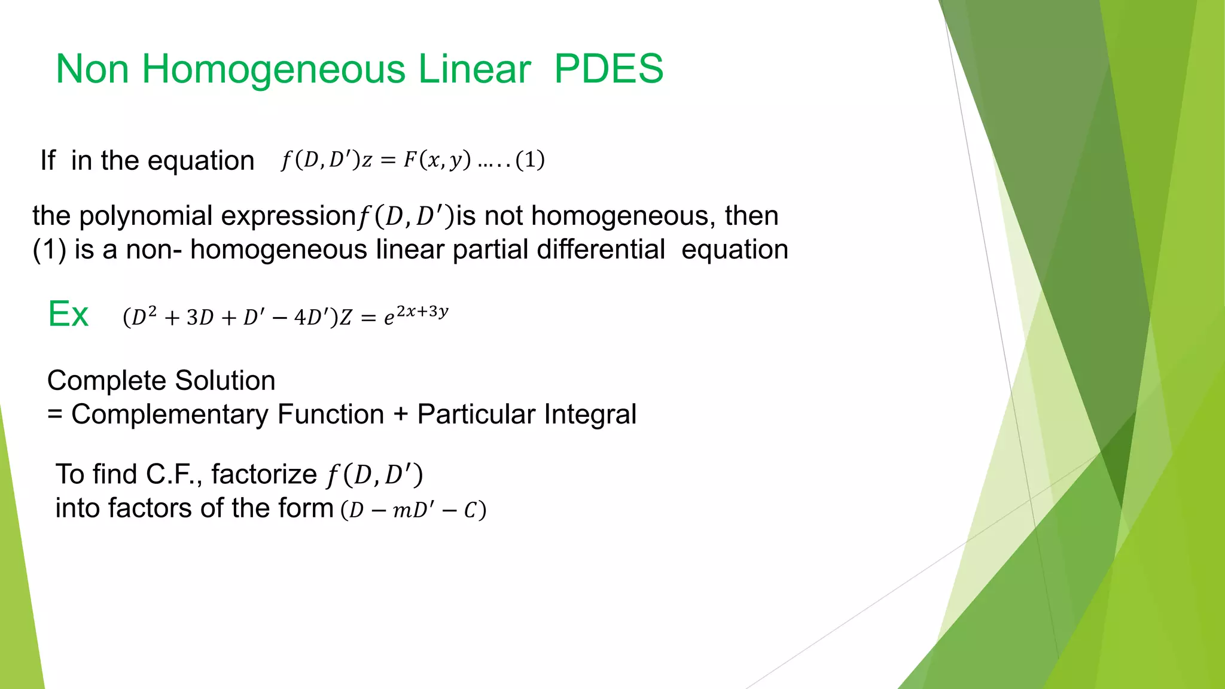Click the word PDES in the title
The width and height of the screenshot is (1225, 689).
[608, 69]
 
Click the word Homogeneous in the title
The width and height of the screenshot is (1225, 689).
[274, 69]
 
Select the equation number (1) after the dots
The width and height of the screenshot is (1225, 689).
[530, 160]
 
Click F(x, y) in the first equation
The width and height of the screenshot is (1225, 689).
[437, 160]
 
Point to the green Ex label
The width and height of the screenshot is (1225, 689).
[68, 314]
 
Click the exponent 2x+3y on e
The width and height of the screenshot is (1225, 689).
[422, 311]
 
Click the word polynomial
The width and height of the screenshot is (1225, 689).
[145, 216]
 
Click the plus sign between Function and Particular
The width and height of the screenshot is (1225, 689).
[401, 415]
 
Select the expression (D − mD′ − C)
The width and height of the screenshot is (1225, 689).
[413, 510]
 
